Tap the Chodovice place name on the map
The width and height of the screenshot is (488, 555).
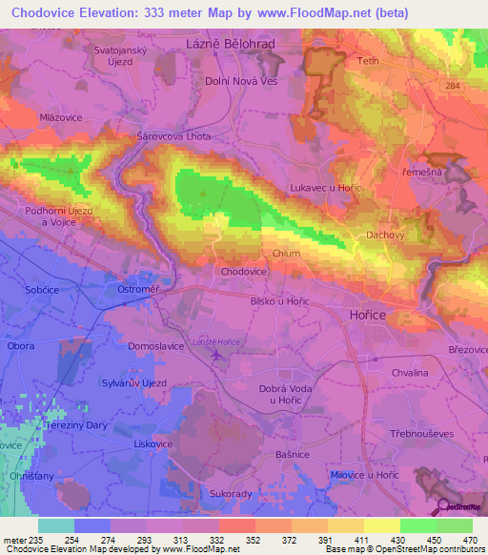click(x=243, y=272)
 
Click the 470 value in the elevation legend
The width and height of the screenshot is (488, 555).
click(x=470, y=540)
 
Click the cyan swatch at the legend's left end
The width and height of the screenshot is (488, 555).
click(x=55, y=525)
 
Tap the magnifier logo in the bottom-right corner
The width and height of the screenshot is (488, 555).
click(x=441, y=506)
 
